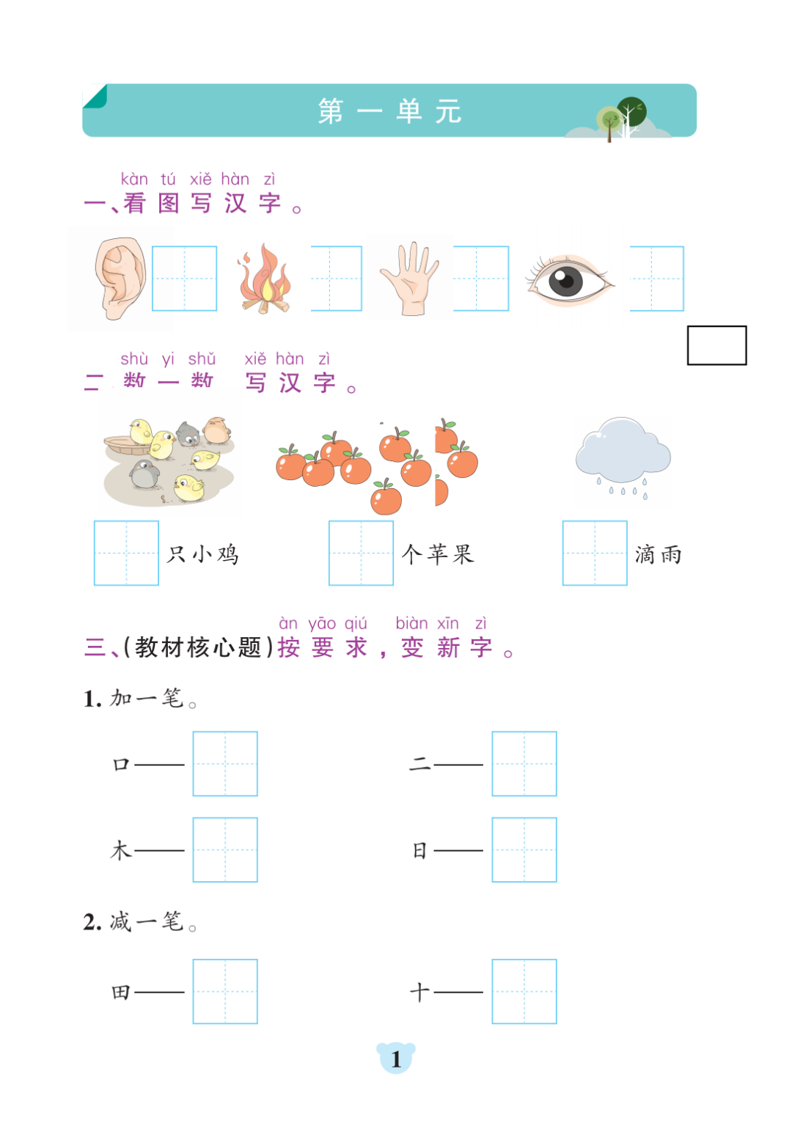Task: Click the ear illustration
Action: point(120,278)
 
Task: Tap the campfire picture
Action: point(265,280)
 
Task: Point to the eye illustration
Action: point(568,281)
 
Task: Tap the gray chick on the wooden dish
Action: point(188,435)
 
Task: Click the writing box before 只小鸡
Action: point(126,553)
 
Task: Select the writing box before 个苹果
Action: point(361,553)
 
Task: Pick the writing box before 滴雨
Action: point(595,553)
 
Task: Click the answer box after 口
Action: point(225,763)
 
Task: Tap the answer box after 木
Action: point(225,850)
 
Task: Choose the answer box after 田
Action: point(225,991)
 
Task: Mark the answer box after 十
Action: point(524,991)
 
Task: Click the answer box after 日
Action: point(524,850)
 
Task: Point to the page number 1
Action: point(396,1059)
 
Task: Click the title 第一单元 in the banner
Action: point(389,111)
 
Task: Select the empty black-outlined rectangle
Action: point(716,345)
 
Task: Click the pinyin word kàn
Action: point(134,179)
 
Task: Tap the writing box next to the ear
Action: point(184,279)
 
